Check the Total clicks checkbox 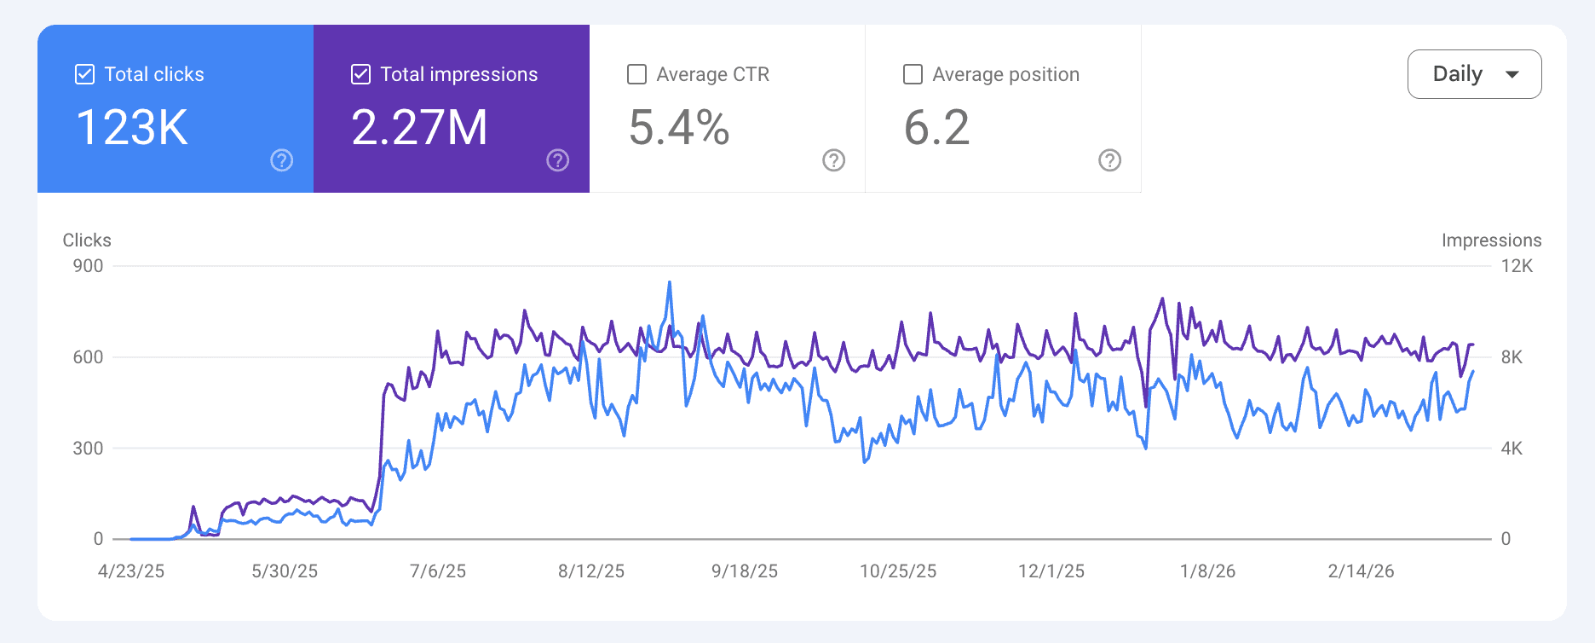85,74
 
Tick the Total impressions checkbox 361,74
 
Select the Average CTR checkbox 636,74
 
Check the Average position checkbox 913,74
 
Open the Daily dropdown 1474,74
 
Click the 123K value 132,128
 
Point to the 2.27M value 419,128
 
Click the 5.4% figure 679,128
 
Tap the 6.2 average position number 936,128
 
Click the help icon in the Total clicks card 281,160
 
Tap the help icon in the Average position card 1109,160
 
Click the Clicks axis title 87,240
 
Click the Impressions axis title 1491,240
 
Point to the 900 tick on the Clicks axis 88,266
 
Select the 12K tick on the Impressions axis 1517,266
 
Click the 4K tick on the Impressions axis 1512,449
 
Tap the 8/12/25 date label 591,571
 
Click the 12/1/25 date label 1051,571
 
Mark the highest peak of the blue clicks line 670,282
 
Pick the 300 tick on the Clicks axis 88,449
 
